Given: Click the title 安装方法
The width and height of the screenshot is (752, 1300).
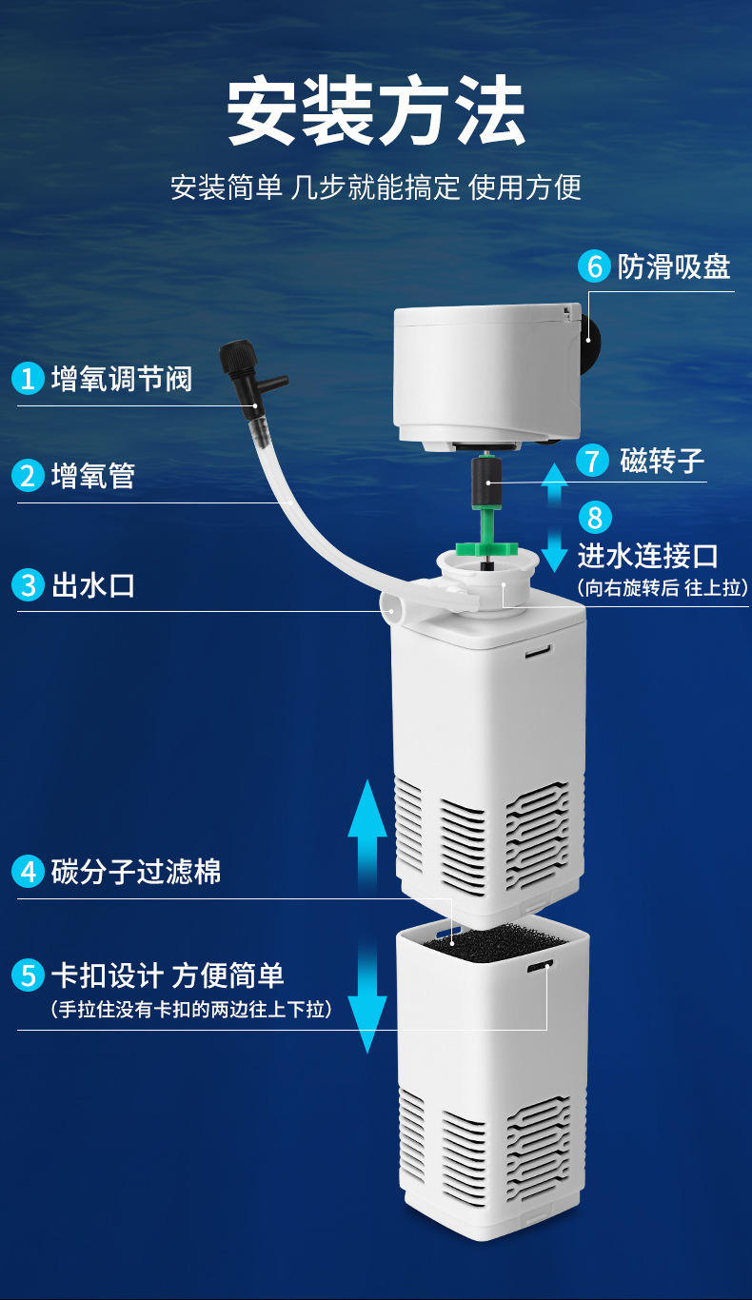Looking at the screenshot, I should pyautogui.click(x=376, y=112).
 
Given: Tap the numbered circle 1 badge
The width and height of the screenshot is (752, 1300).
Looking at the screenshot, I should pyautogui.click(x=28, y=379).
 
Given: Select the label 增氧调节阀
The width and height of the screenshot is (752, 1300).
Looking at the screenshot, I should pyautogui.click(x=121, y=379).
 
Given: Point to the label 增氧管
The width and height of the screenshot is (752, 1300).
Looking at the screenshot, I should pyautogui.click(x=92, y=475).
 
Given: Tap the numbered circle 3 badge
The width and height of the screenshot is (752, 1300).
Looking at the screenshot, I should pyautogui.click(x=28, y=584).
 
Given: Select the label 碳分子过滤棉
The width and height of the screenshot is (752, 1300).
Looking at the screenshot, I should pyautogui.click(x=136, y=871).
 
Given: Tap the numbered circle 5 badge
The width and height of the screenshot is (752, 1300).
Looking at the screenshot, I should pyautogui.click(x=28, y=975).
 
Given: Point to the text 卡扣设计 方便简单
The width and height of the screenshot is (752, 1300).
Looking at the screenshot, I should pyautogui.click(x=168, y=975).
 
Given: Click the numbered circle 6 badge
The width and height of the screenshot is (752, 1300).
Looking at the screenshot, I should pyautogui.click(x=595, y=266).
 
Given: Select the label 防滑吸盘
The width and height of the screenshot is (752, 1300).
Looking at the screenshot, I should pyautogui.click(x=674, y=266).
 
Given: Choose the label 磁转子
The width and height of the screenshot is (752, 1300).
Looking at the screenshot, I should pyautogui.click(x=662, y=461).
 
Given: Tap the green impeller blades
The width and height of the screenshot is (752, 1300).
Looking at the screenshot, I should pyautogui.click(x=485, y=548).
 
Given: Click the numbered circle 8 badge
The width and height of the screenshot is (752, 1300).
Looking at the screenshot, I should pyautogui.click(x=595, y=518).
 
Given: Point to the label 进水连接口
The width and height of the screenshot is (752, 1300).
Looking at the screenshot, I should pyautogui.click(x=647, y=556).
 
